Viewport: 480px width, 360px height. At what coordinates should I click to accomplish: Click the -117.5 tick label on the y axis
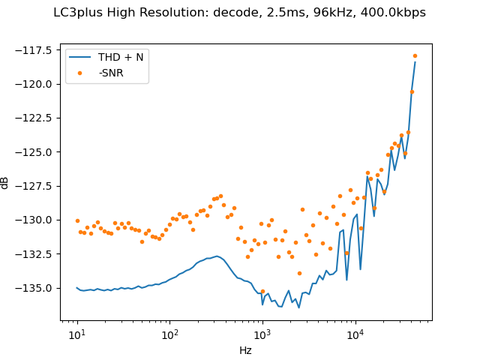(x=37, y=49)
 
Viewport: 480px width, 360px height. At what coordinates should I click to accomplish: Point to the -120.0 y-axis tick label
(x=37, y=84)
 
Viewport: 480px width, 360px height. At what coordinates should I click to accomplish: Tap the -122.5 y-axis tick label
(x=37, y=118)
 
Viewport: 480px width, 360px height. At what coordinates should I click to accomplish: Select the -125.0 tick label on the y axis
(x=37, y=151)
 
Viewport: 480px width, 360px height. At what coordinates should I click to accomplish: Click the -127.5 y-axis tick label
(x=37, y=186)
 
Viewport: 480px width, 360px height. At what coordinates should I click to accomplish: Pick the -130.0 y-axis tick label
(x=37, y=220)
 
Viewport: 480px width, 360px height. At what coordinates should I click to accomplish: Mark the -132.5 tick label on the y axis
(x=37, y=253)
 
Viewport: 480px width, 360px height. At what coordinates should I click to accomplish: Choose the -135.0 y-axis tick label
(x=37, y=288)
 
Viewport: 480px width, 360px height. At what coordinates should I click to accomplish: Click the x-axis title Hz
(x=245, y=350)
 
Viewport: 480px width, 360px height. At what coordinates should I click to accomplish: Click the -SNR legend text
(x=111, y=74)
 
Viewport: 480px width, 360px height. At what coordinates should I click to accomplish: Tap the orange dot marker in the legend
(x=81, y=74)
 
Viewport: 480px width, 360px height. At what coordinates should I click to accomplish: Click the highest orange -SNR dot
(x=415, y=55)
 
